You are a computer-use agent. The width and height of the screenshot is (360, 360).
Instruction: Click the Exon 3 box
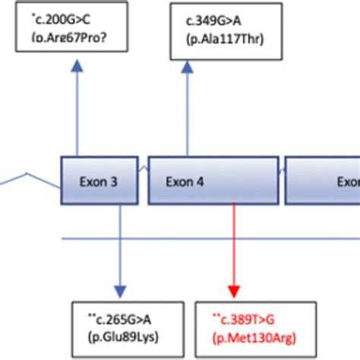click(99, 181)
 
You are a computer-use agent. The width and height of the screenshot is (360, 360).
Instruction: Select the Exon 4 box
click(215, 181)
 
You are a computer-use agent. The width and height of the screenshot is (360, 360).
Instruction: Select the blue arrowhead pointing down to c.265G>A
click(119, 292)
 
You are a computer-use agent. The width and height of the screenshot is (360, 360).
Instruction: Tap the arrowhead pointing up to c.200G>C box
click(75, 66)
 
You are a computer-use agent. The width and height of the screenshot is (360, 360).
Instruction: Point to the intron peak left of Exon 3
click(30, 173)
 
